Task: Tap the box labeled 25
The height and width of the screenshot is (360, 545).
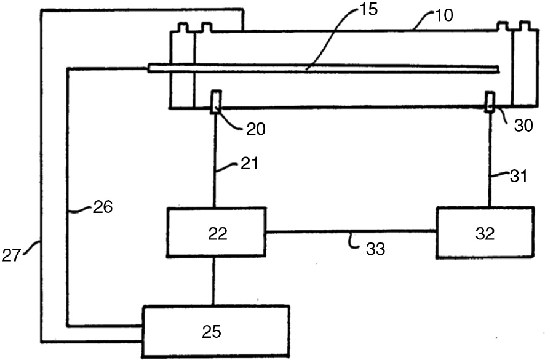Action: pyautogui.click(x=215, y=331)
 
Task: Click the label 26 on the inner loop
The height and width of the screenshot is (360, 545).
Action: pyautogui.click(x=102, y=207)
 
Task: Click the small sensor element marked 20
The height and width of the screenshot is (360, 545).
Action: pyautogui.click(x=215, y=102)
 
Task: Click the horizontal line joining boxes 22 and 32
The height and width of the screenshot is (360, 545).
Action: pyautogui.click(x=351, y=231)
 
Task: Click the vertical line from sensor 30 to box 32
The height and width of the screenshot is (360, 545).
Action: pyautogui.click(x=490, y=160)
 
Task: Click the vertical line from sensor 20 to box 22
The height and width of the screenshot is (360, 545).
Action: pyautogui.click(x=214, y=160)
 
